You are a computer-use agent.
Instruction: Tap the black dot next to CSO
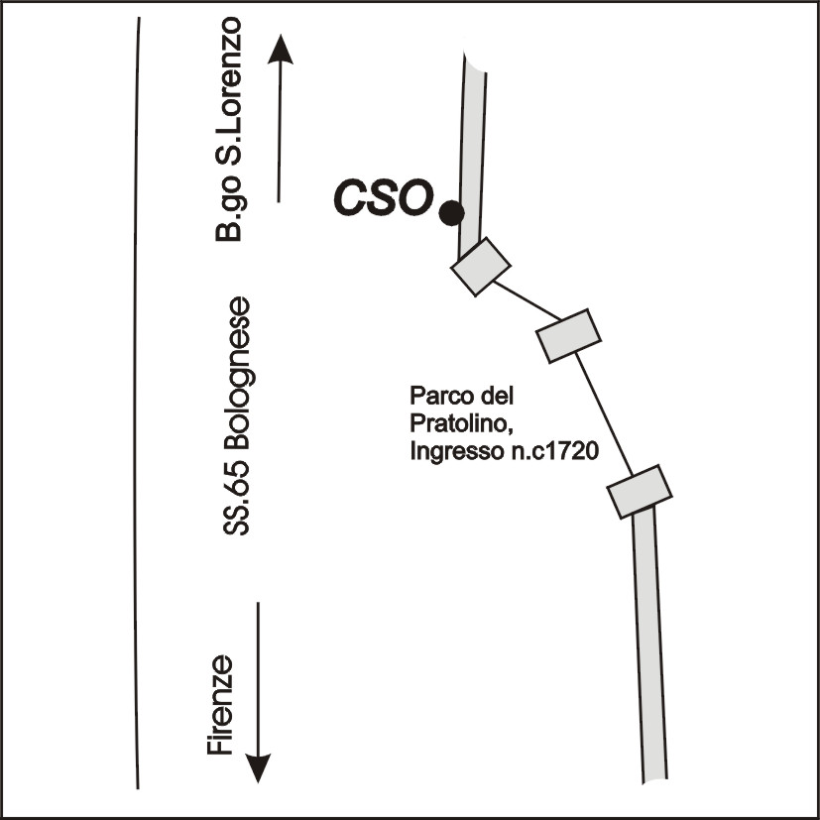click(451, 211)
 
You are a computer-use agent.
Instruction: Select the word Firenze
click(221, 706)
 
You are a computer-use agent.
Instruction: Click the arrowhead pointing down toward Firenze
click(259, 766)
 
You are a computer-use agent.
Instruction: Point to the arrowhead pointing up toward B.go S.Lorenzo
click(281, 49)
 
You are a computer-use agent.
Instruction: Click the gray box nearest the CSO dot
click(480, 266)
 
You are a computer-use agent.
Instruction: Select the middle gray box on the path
click(569, 335)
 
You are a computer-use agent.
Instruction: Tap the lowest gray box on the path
click(640, 490)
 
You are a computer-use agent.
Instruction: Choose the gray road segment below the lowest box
click(651, 644)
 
